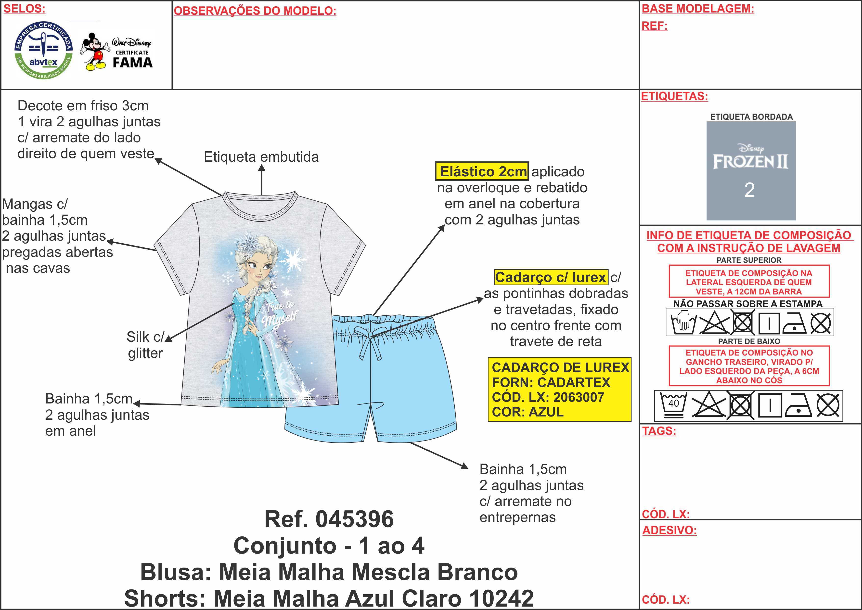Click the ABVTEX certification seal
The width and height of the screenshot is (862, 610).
43,50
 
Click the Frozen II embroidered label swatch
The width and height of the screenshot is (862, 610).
751,171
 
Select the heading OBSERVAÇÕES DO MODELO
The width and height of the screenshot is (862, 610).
255,11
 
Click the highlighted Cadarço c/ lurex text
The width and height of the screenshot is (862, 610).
551,277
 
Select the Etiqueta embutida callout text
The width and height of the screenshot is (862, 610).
261,157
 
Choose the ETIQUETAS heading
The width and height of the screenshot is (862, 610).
674,96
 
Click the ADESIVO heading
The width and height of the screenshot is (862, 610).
669,530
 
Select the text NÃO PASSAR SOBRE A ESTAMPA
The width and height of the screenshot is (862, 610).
747,303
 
